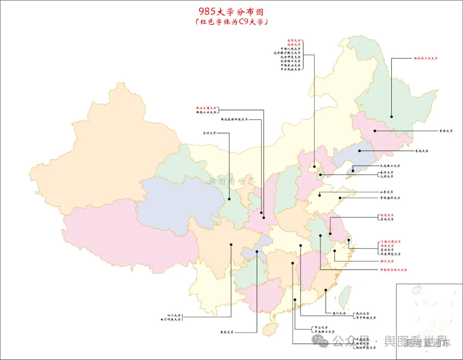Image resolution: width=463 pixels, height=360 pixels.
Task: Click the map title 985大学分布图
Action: tap(231, 11)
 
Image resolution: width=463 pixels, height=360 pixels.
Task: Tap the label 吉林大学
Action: tap(445, 131)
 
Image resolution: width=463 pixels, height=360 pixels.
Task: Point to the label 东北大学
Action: tap(421, 151)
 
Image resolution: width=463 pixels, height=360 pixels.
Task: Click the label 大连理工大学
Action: tap(390, 166)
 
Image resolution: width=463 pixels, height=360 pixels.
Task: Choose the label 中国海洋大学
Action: tap(390, 198)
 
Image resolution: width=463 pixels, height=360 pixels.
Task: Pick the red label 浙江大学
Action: tap(386, 261)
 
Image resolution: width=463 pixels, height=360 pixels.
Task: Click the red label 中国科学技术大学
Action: tap(393, 270)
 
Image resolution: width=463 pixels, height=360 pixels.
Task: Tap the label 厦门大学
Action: tap(339, 313)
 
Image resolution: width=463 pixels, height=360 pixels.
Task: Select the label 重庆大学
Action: tap(227, 332)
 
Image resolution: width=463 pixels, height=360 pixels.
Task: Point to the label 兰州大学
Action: tap(210, 133)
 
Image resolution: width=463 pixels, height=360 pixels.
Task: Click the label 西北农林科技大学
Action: tap(234, 120)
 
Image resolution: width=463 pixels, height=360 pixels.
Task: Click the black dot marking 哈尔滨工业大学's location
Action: tap(391, 116)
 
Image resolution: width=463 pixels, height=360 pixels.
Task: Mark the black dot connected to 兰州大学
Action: tap(229, 198)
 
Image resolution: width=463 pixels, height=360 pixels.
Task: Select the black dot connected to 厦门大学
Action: tap(326, 290)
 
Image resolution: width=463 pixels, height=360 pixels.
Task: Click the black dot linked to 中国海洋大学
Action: tap(340, 198)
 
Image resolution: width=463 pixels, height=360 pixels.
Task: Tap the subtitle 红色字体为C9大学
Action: tap(231, 21)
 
